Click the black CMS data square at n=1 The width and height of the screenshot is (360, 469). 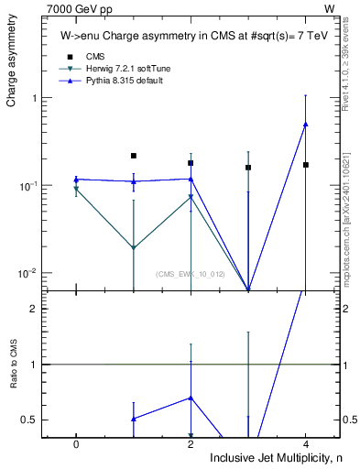[134, 156]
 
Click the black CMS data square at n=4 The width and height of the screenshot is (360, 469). [305, 165]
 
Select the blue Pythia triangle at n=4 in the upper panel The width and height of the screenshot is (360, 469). [305, 125]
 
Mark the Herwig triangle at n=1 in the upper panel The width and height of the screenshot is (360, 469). [134, 248]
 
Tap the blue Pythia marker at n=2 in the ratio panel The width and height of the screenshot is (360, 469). [191, 398]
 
